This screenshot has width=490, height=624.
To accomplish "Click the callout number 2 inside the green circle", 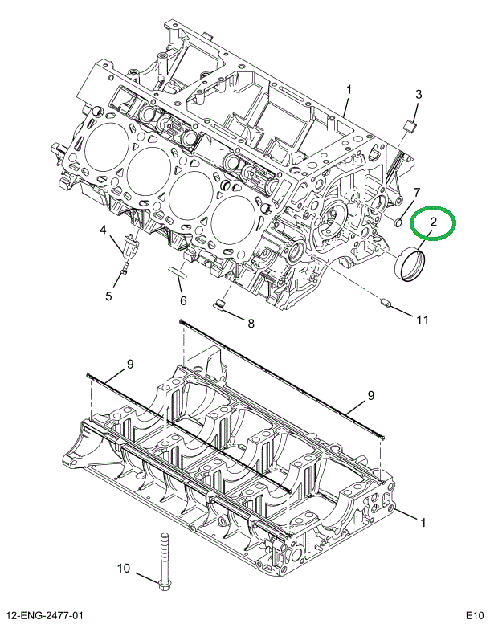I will point(433,221).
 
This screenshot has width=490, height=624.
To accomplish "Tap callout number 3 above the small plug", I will point(418,95).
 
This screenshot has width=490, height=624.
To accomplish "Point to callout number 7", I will point(416,192).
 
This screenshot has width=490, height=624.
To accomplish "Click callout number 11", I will point(422,319).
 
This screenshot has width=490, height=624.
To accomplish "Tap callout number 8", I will point(250,324).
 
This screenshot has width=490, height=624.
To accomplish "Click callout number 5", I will point(108,296).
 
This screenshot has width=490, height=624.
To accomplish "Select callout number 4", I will point(103,231).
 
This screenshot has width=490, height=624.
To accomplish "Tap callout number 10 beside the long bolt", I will point(123,569).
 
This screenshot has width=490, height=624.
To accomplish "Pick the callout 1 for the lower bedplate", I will point(423,522).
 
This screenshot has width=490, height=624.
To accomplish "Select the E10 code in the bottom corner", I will point(473,615).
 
